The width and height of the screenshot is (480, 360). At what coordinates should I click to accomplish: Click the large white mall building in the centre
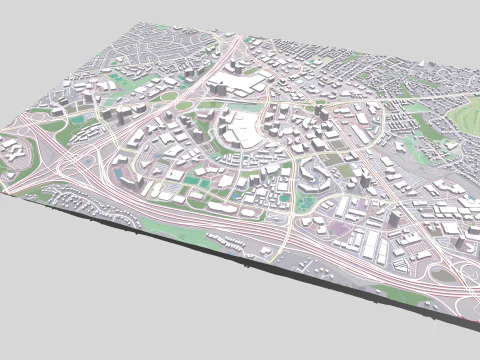(240, 128)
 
